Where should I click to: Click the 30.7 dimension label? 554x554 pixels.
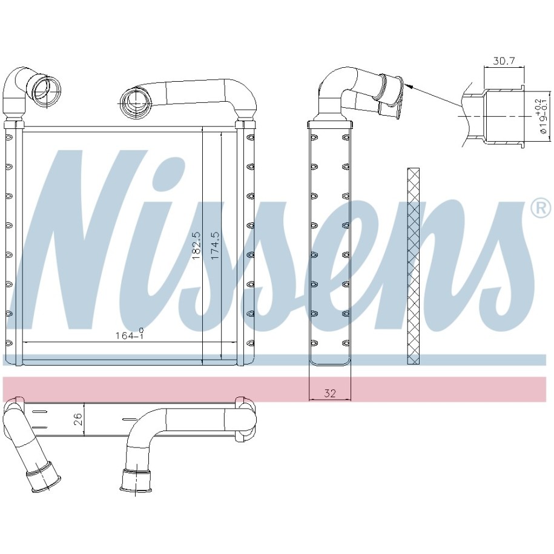click(503, 61)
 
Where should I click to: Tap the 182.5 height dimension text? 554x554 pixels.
click(196, 246)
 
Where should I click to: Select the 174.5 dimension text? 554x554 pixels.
click(215, 246)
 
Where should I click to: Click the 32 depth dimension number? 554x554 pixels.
click(329, 393)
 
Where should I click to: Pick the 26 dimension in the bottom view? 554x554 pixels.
click(78, 419)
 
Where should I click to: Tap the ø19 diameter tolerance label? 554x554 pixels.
click(541, 116)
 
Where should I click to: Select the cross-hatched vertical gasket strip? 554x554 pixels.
click(414, 266)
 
